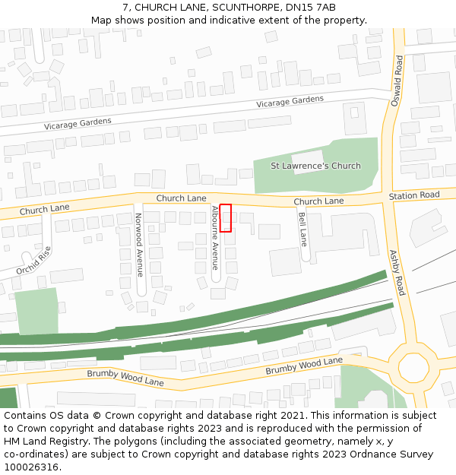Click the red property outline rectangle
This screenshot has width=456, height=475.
(x=226, y=218)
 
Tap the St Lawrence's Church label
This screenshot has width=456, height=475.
(x=315, y=166)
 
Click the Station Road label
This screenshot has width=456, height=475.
(x=414, y=196)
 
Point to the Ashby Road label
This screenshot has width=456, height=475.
(x=397, y=273)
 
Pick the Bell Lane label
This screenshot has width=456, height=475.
(x=302, y=229)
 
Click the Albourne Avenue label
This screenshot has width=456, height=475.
(x=215, y=238)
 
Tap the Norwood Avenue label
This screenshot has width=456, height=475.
(x=139, y=244)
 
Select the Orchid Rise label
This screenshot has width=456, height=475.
(x=34, y=261)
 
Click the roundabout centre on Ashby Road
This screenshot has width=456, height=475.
(x=413, y=367)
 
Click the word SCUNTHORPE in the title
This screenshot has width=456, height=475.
(x=231, y=7)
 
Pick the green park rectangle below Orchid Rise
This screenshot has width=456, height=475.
(x=36, y=311)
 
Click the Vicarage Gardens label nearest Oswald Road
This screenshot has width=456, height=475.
(x=290, y=101)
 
